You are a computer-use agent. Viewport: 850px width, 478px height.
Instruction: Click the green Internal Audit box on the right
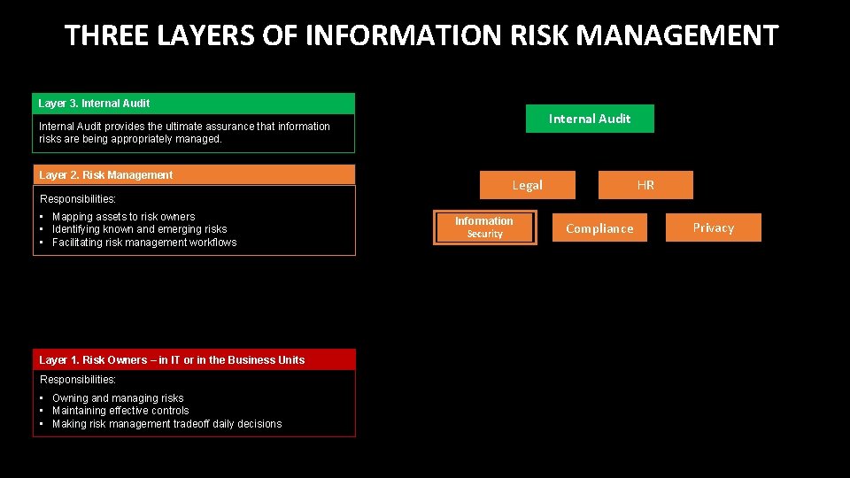pyautogui.click(x=590, y=119)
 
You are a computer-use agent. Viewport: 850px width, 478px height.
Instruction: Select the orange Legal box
pyautogui.click(x=528, y=185)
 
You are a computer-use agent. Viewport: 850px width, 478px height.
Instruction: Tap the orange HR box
pyautogui.click(x=645, y=185)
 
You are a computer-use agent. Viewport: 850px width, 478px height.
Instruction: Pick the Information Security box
pyautogui.click(x=484, y=227)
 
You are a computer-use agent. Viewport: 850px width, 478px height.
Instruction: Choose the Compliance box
pyautogui.click(x=599, y=228)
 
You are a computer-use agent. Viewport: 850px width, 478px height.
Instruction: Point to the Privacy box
pyautogui.click(x=713, y=227)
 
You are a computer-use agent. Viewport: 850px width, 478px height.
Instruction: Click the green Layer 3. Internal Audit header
pyautogui.click(x=193, y=104)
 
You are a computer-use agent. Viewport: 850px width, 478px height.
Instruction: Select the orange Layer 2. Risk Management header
pyautogui.click(x=193, y=175)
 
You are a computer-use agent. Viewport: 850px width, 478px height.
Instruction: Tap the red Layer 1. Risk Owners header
pyautogui.click(x=193, y=359)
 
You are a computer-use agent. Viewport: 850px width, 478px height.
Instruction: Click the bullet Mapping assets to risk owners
pyautogui.click(x=123, y=217)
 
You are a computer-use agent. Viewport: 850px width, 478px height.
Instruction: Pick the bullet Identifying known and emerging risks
pyautogui.click(x=139, y=229)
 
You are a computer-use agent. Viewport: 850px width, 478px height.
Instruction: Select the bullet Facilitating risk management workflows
pyautogui.click(x=144, y=243)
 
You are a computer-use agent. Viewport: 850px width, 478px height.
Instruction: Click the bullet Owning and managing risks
pyautogui.click(x=118, y=398)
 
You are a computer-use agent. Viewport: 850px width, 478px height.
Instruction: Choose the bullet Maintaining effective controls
pyautogui.click(x=120, y=411)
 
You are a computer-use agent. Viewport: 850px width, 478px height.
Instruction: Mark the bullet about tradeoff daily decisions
pyautogui.click(x=166, y=424)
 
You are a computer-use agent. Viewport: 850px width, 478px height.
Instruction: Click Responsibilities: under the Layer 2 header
pyautogui.click(x=78, y=199)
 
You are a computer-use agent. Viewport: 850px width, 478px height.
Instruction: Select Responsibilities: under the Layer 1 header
pyautogui.click(x=78, y=380)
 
